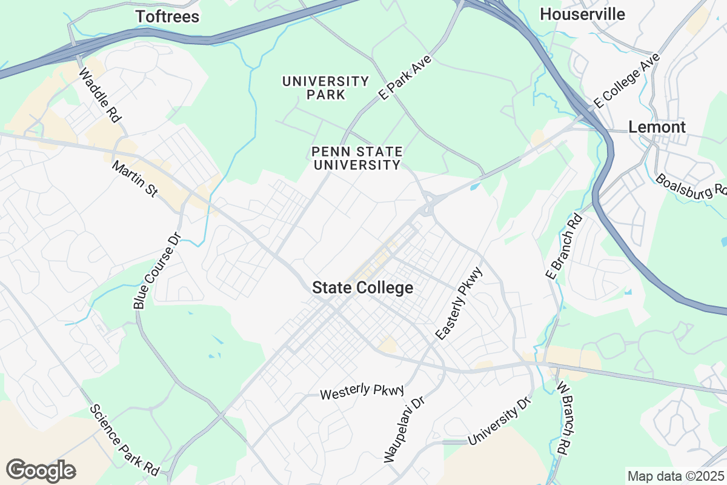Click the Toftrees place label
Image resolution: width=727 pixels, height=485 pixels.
pos(167,16)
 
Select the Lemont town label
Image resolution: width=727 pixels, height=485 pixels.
pos(657,127)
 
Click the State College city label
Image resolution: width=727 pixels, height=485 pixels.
pos(362,288)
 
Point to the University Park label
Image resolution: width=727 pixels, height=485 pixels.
pos(326,88)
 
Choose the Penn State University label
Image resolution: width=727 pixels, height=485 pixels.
pos(356,158)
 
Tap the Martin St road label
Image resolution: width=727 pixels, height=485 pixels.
pos(135,179)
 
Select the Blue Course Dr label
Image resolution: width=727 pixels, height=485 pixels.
pos(157,271)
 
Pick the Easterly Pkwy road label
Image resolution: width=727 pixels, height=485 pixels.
pos(459,303)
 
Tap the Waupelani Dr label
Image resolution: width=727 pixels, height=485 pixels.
pos(403,430)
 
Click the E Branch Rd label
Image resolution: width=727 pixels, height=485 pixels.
pos(563,246)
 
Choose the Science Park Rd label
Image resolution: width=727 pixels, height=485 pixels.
pos(125,440)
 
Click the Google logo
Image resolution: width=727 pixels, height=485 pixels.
pos(41,470)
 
